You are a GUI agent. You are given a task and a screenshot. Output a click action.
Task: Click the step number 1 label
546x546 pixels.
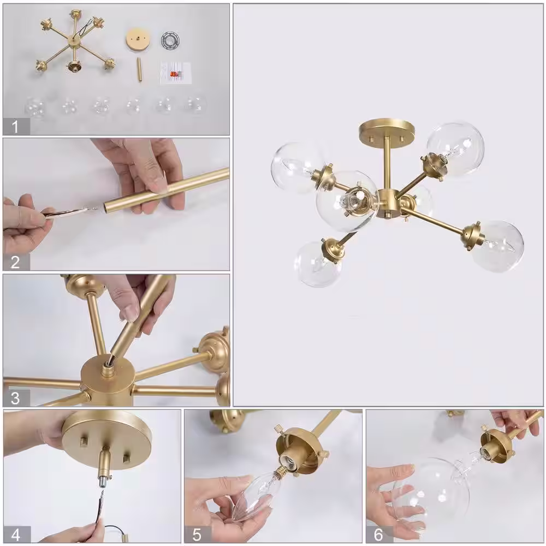(x=15, y=127)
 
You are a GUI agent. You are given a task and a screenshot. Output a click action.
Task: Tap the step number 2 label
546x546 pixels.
(x=15, y=262)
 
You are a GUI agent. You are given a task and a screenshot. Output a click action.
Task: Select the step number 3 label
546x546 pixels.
(x=15, y=398)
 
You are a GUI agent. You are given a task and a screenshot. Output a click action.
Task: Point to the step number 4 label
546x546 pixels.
(x=16, y=535)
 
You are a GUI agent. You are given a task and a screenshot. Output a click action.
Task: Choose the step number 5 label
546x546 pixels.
(x=197, y=535)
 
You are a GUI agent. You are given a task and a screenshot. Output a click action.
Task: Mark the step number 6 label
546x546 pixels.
(x=378, y=535)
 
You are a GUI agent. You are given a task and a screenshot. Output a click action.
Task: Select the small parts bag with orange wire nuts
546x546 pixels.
(x=176, y=73)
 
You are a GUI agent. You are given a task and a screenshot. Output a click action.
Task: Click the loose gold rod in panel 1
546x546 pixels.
(x=139, y=70)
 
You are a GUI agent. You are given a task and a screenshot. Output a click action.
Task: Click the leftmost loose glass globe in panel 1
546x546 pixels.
(x=35, y=106)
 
